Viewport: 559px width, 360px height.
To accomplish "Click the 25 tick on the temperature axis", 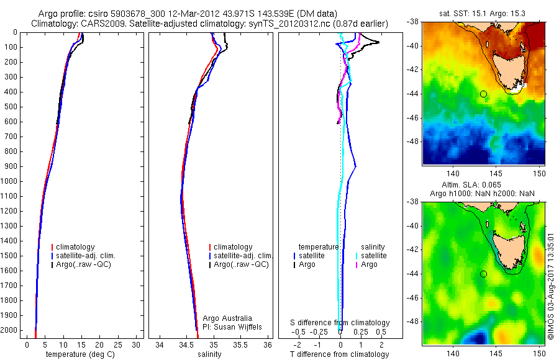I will click(x=118, y=344).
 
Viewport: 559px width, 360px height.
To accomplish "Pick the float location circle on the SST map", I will click(x=483, y=94).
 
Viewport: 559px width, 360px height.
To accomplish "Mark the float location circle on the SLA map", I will click(x=483, y=274).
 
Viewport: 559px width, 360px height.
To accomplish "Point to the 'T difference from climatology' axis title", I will click(x=340, y=354).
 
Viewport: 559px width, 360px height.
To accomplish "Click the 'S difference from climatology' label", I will click(x=340, y=323).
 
